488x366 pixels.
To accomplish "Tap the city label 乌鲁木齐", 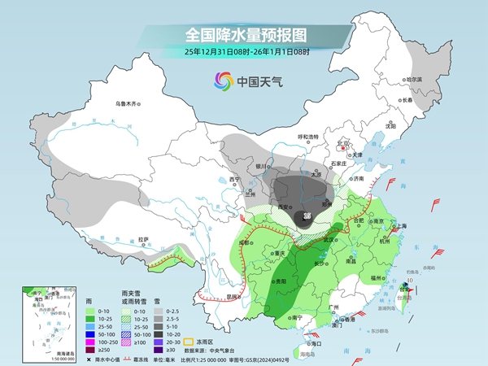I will [128, 103].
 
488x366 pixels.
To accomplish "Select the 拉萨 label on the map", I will [143, 239].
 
